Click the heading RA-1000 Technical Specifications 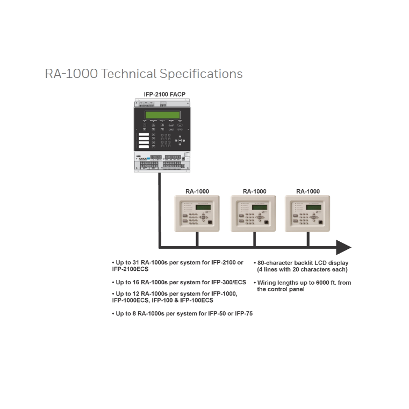tap(143, 74)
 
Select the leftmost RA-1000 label tap(197, 191)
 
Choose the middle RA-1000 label tap(254, 191)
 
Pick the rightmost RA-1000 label tap(308, 191)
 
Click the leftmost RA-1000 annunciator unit tap(197, 213)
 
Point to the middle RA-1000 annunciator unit tap(254, 213)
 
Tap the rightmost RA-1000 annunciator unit tap(308, 213)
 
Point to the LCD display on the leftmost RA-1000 tap(203, 207)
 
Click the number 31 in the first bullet tap(131, 263)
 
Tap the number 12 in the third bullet tap(131, 293)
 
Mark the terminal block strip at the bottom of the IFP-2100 tap(161, 164)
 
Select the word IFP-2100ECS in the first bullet tap(130, 269)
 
